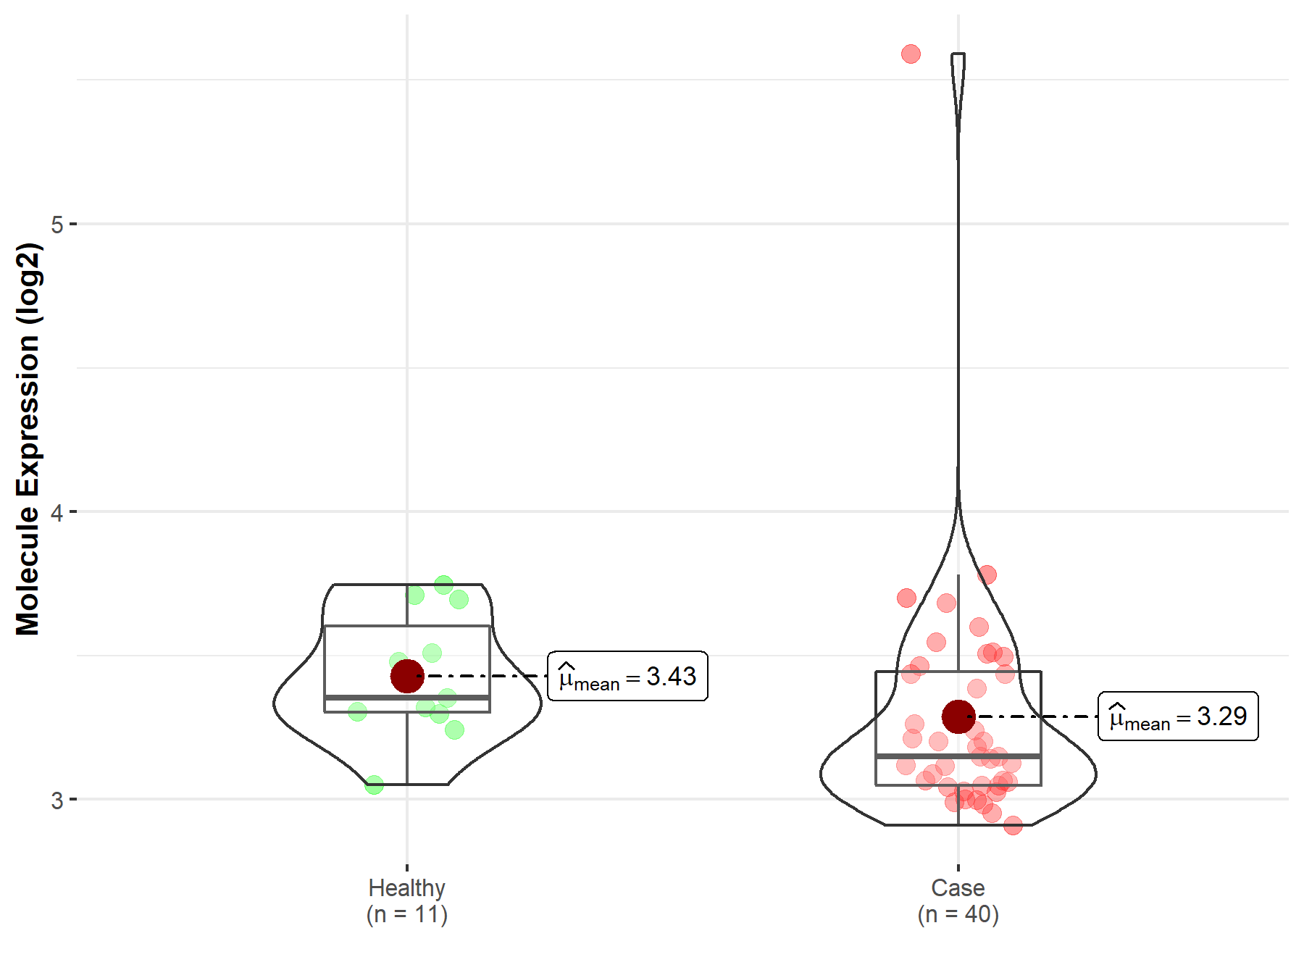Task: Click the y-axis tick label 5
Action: pyautogui.click(x=57, y=225)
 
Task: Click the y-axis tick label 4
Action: pyautogui.click(x=57, y=513)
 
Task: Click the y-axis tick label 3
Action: pyautogui.click(x=57, y=801)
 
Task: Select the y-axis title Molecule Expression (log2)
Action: pyautogui.click(x=28, y=439)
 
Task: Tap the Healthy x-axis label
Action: pyautogui.click(x=406, y=887)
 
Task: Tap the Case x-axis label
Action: pyautogui.click(x=958, y=887)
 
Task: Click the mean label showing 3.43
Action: pyautogui.click(x=627, y=677)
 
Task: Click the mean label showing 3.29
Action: pyautogui.click(x=1178, y=716)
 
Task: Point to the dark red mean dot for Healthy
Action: pyautogui.click(x=407, y=676)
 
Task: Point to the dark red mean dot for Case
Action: pyautogui.click(x=958, y=716)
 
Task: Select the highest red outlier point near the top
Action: pyautogui.click(x=911, y=54)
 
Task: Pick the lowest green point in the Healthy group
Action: pyautogui.click(x=374, y=785)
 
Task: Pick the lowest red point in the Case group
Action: pyautogui.click(x=1013, y=824)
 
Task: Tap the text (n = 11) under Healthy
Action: pyautogui.click(x=406, y=915)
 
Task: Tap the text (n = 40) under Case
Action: pyautogui.click(x=958, y=915)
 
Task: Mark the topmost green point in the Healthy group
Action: pyautogui.click(x=444, y=585)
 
